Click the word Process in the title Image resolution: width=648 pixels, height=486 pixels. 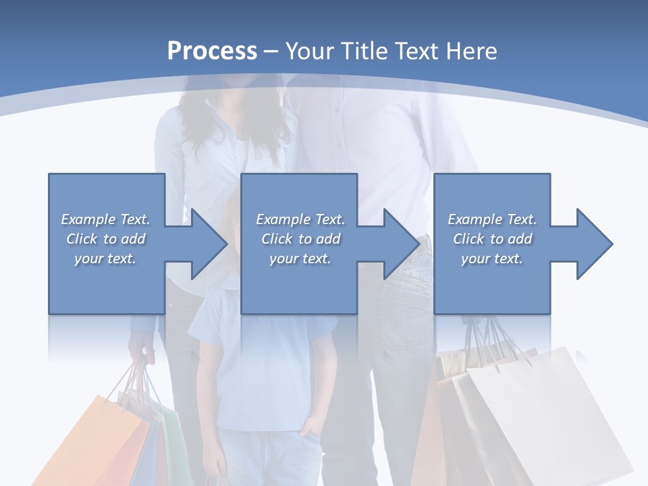(212, 51)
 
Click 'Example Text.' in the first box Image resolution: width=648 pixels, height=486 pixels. (105, 219)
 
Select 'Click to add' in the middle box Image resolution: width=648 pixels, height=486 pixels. (300, 239)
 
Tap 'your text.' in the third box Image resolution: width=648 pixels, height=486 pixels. (491, 259)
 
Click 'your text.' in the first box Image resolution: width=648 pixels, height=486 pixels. (105, 259)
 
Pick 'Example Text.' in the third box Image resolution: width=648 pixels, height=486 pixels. (491, 219)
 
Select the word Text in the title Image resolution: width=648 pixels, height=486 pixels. (416, 51)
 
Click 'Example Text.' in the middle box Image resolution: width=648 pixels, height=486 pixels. (300, 219)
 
